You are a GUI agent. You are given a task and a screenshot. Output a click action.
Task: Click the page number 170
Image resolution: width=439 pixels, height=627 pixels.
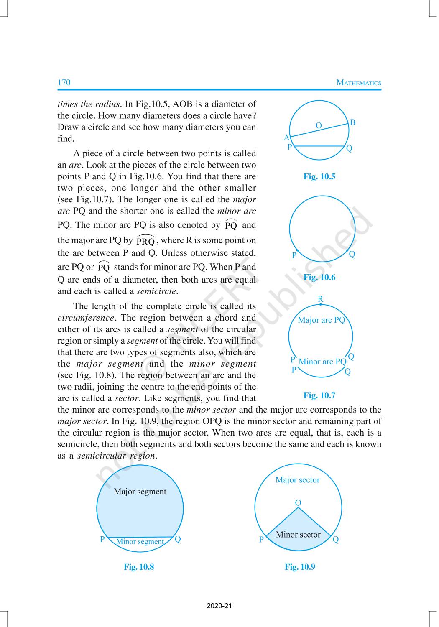(64, 82)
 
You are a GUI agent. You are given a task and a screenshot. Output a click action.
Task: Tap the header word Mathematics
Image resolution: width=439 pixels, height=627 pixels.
(359, 83)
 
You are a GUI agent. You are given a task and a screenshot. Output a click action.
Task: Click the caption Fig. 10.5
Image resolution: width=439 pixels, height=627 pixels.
(319, 176)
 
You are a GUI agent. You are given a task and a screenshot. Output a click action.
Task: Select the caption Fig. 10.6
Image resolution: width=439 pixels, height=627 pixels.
(319, 277)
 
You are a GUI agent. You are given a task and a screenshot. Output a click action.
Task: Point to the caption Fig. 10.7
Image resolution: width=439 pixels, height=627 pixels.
(319, 395)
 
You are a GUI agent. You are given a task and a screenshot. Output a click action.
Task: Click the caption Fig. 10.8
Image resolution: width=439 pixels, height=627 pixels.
(139, 567)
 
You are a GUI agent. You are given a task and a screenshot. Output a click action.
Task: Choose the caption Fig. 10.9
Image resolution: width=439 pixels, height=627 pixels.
(300, 567)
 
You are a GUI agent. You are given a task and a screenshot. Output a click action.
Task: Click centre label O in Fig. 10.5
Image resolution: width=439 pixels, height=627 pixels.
(319, 125)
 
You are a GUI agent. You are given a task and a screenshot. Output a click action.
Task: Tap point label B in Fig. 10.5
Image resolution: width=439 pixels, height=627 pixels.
(352, 122)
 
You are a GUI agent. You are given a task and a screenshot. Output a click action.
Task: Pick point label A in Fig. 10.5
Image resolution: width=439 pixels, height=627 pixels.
(286, 138)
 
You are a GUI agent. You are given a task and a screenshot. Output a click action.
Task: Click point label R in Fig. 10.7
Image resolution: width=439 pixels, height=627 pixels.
(320, 299)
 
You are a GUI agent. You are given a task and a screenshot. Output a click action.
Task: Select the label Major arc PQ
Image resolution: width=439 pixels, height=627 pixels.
(322, 320)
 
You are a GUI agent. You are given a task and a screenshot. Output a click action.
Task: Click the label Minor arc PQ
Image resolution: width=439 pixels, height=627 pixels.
(322, 362)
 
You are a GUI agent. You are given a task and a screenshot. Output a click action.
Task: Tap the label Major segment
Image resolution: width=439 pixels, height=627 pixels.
(140, 492)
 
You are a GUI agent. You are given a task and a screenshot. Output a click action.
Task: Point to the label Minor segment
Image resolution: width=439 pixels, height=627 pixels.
(140, 542)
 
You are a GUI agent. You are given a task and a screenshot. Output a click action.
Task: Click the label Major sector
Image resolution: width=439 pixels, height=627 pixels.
(297, 480)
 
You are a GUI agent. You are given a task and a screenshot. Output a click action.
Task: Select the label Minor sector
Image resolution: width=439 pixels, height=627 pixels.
(298, 535)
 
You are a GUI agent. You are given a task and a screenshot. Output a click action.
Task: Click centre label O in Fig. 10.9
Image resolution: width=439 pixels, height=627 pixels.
(298, 502)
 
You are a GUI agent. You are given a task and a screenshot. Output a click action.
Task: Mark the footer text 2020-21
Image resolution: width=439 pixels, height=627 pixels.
(219, 606)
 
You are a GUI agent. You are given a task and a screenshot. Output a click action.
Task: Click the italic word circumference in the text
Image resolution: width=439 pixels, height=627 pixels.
(85, 318)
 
